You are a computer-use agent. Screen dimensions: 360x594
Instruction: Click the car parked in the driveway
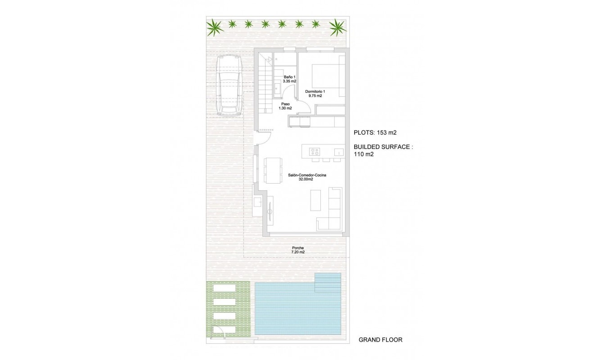pos(229,86)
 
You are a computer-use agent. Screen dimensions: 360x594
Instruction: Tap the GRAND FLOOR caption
pos(380,340)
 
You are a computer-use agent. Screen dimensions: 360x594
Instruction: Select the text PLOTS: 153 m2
pos(375,133)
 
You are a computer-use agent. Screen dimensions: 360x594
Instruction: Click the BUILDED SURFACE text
pos(383,147)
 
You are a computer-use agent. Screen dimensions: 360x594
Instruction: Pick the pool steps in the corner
pos(328,281)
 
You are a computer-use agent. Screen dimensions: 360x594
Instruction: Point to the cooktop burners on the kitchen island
pos(315,152)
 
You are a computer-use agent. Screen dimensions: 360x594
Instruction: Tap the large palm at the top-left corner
pos(215,28)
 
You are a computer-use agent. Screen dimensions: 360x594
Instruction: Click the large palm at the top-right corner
pos(337,27)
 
